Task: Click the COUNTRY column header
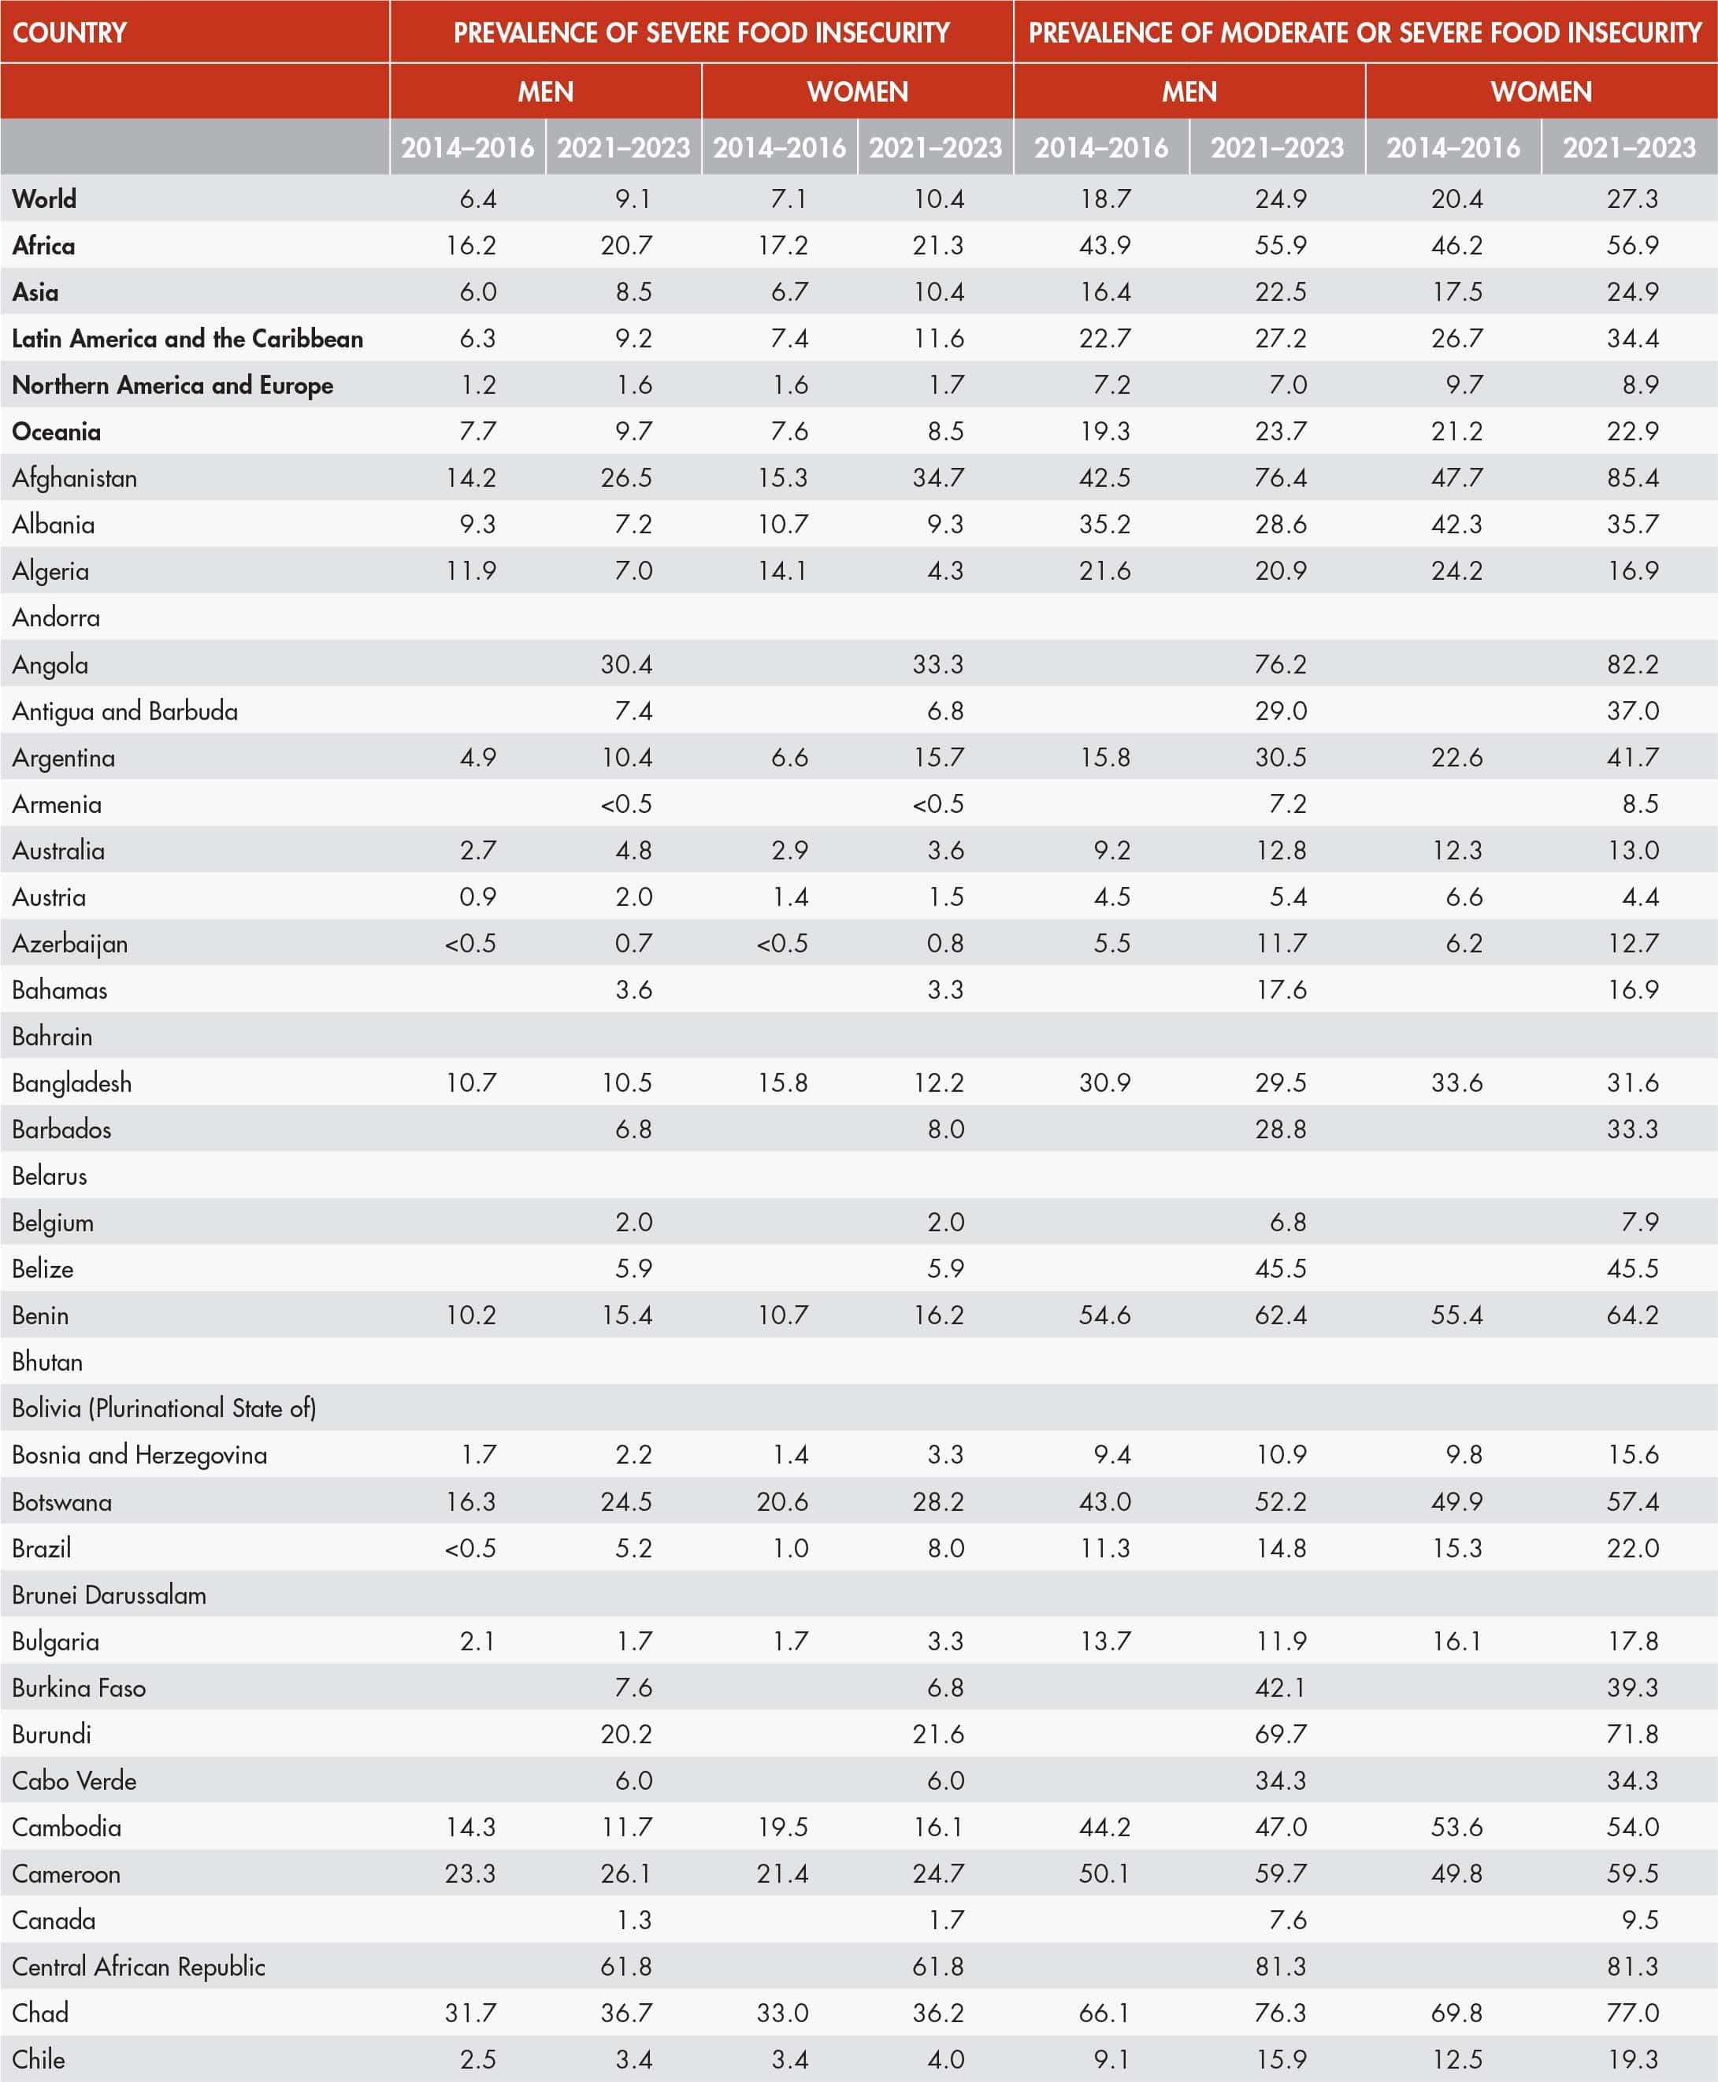[x=69, y=32]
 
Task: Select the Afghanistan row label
[x=74, y=478]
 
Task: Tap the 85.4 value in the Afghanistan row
[x=1632, y=478]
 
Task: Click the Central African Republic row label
[x=139, y=1966]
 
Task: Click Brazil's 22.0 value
[x=1632, y=1548]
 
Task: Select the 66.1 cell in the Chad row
[x=1104, y=2013]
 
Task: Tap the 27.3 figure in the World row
[x=1632, y=199]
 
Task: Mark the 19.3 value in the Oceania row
[x=1104, y=432]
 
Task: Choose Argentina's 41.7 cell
[x=1632, y=757]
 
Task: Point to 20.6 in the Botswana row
[x=782, y=1501]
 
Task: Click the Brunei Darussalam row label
[x=109, y=1594]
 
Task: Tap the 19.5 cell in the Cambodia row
[x=782, y=1827]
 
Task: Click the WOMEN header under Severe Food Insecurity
[x=857, y=92]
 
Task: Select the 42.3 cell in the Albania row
[x=1456, y=525]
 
